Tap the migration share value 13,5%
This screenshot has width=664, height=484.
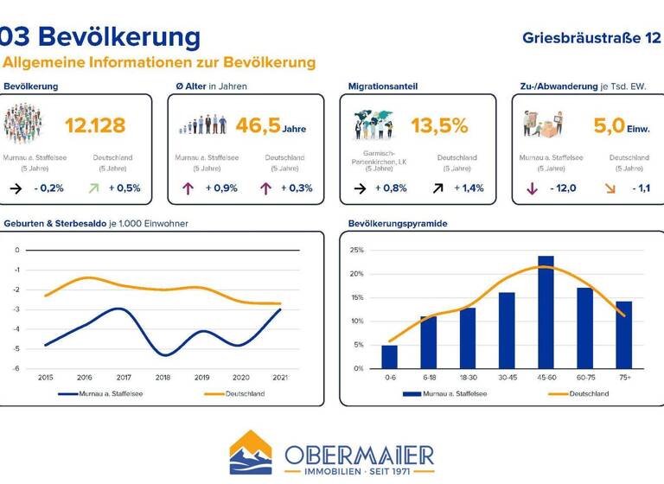[438, 126]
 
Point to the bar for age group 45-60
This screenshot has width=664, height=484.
[546, 312]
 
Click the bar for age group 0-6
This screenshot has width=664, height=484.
[389, 357]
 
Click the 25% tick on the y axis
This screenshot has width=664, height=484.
[356, 251]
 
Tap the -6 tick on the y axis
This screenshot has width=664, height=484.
[16, 369]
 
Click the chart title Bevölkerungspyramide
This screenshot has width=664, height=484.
[398, 224]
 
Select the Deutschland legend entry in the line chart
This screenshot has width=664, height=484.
[237, 394]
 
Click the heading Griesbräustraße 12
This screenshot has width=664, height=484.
[591, 38]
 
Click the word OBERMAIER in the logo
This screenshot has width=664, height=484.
[359, 454]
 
